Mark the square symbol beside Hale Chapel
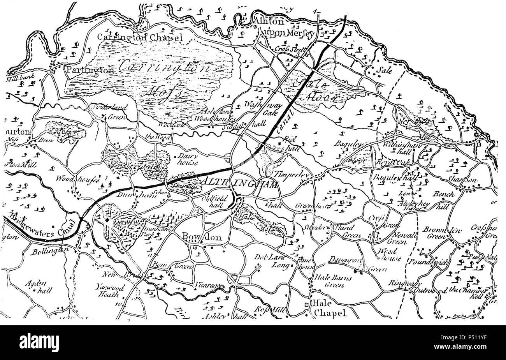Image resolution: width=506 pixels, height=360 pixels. [307, 304]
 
